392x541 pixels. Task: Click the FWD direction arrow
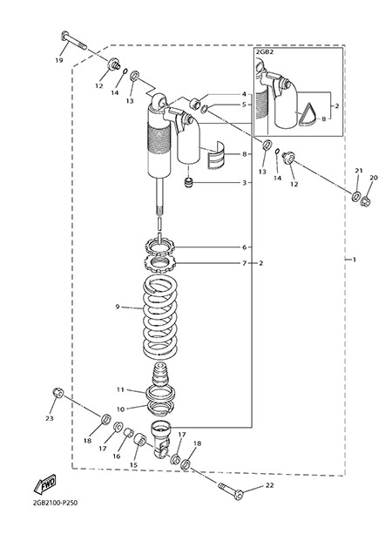pyautogui.click(x=44, y=484)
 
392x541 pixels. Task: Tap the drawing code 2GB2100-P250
pyautogui.click(x=55, y=503)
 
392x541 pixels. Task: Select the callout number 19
pyautogui.click(x=59, y=60)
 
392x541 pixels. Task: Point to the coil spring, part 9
pyautogui.click(x=160, y=317)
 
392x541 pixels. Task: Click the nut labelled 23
pyautogui.click(x=58, y=392)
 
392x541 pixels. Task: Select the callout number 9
pyautogui.click(x=118, y=307)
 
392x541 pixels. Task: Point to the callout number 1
pyautogui.click(x=354, y=260)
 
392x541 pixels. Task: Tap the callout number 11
pyautogui.click(x=120, y=389)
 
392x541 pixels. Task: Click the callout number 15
pyautogui.click(x=133, y=464)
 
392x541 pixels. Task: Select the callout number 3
pyautogui.click(x=244, y=183)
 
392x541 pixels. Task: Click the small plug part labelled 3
pyautogui.click(x=188, y=183)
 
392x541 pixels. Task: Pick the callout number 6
pyautogui.click(x=244, y=247)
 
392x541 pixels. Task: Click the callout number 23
pyautogui.click(x=50, y=418)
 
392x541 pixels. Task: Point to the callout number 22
pyautogui.click(x=269, y=485)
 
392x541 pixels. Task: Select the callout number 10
pyautogui.click(x=120, y=409)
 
